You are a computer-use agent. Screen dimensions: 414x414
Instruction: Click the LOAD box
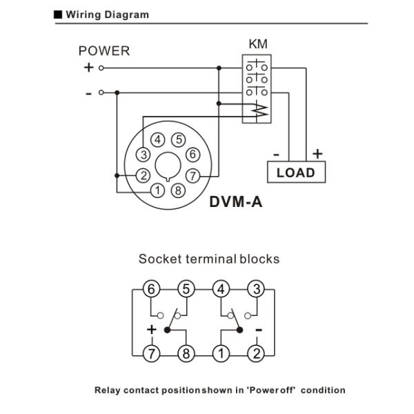[295, 172]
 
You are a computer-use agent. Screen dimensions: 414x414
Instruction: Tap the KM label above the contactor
[257, 45]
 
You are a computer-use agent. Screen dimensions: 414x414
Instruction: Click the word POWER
[103, 51]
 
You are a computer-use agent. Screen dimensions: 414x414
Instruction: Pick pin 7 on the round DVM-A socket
[194, 175]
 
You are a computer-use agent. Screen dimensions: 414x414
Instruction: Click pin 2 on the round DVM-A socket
[143, 175]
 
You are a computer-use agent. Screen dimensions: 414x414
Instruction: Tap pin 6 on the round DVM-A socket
[193, 155]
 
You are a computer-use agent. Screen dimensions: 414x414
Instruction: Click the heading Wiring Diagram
[107, 14]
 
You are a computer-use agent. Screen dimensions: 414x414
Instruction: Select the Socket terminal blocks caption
[209, 259]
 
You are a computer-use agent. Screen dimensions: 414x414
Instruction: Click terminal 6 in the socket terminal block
[151, 289]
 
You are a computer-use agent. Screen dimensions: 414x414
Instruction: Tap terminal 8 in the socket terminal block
[186, 354]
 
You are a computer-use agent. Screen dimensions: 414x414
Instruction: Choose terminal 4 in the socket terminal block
[221, 289]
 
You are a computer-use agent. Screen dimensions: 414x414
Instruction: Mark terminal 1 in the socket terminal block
[221, 354]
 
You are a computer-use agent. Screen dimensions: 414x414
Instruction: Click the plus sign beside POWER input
[88, 68]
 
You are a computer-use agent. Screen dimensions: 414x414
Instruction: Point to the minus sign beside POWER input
[89, 92]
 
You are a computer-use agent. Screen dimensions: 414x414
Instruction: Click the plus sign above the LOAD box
[317, 153]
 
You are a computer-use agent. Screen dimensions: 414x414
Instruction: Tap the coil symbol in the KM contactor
[258, 110]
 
